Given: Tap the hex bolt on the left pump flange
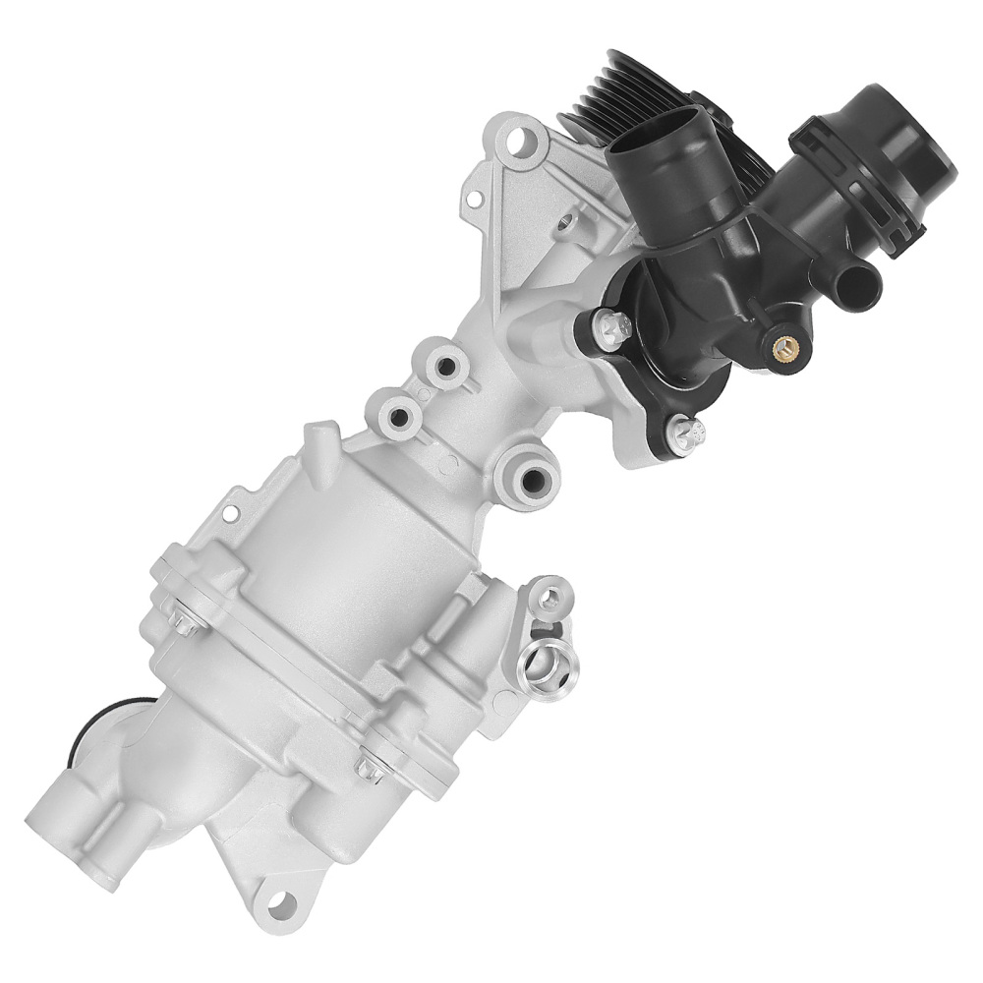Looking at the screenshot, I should point(185,622).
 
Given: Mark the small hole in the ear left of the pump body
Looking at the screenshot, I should point(230,512).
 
